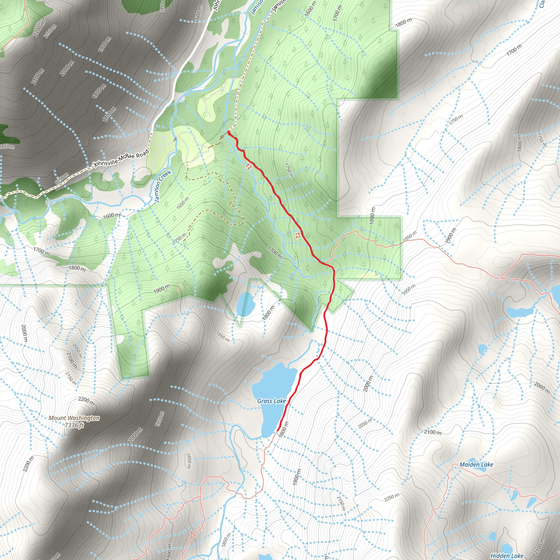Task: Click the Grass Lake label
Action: click(271, 401)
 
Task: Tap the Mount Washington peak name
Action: click(74, 418)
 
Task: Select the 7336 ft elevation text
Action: click(74, 425)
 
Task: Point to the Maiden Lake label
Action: click(476, 465)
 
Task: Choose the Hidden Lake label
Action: click(507, 556)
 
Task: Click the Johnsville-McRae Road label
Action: click(121, 159)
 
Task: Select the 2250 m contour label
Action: click(392, 497)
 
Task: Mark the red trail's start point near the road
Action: click(228, 132)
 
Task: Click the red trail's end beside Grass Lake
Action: click(278, 431)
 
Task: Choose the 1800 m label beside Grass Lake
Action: click(283, 430)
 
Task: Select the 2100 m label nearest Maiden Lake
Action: click(433, 432)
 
